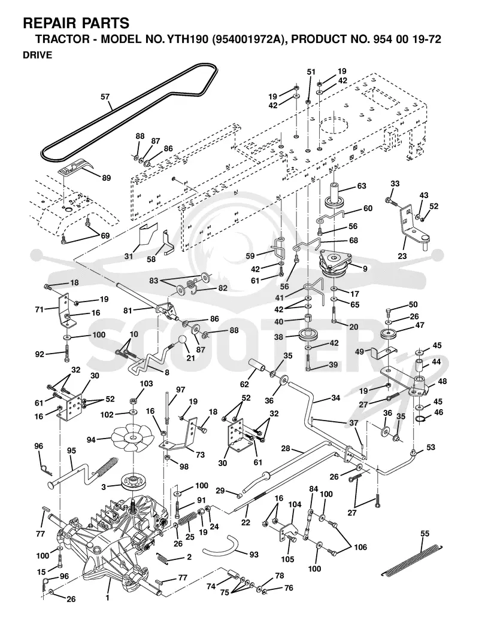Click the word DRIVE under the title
[37, 55]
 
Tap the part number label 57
[105, 97]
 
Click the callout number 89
[106, 178]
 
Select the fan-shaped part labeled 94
[131, 438]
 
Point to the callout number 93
[254, 555]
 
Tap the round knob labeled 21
[182, 340]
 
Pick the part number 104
[295, 504]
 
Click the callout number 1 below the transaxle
[107, 598]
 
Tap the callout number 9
[365, 269]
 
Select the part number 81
[128, 311]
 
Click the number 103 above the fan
[147, 384]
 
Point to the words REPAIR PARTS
[77, 23]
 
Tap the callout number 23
[402, 256]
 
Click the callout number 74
[211, 586]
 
